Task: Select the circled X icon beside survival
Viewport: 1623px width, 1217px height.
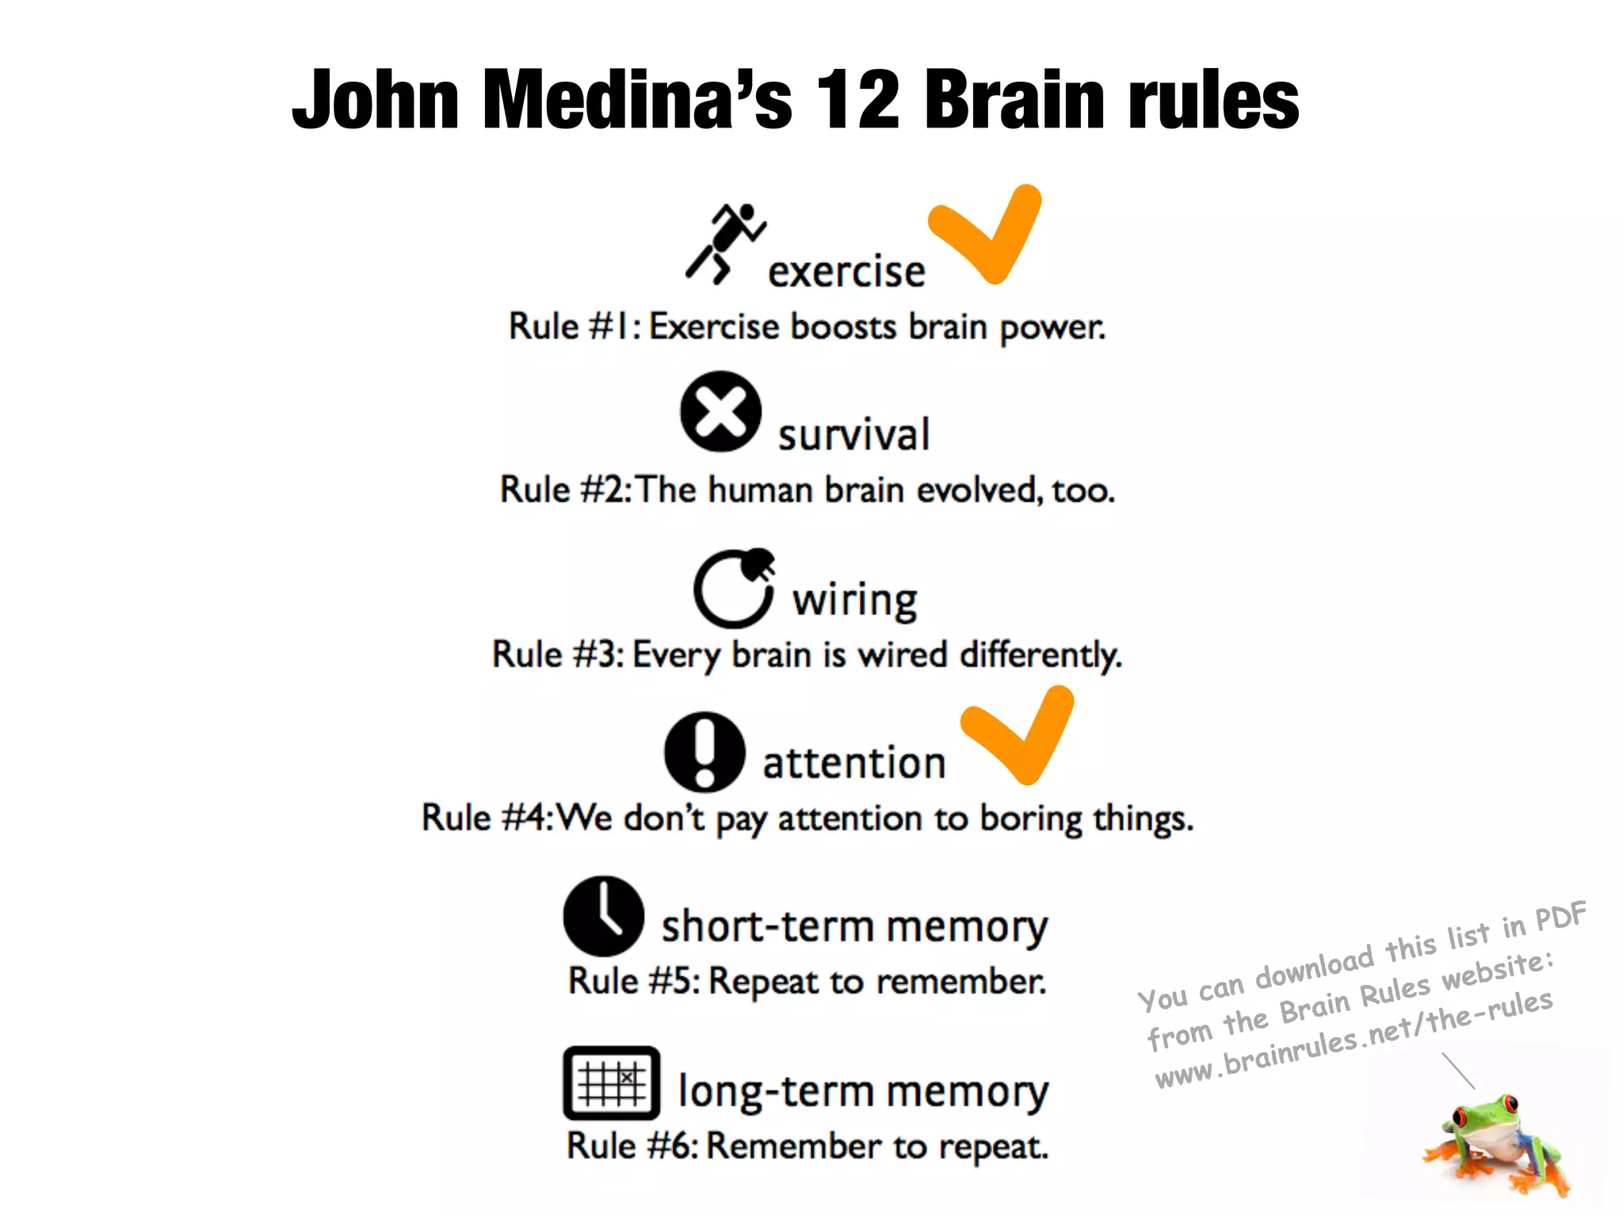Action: coord(720,411)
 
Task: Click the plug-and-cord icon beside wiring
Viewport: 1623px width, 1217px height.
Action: coord(734,588)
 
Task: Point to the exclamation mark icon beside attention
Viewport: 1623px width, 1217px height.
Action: coord(705,752)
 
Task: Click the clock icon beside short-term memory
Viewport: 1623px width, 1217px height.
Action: coord(604,916)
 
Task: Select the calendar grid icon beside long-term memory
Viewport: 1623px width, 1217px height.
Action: coord(611,1082)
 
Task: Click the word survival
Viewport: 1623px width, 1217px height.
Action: coord(854,435)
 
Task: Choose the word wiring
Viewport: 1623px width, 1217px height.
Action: coord(855,601)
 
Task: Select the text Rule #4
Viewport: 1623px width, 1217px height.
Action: coord(485,818)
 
